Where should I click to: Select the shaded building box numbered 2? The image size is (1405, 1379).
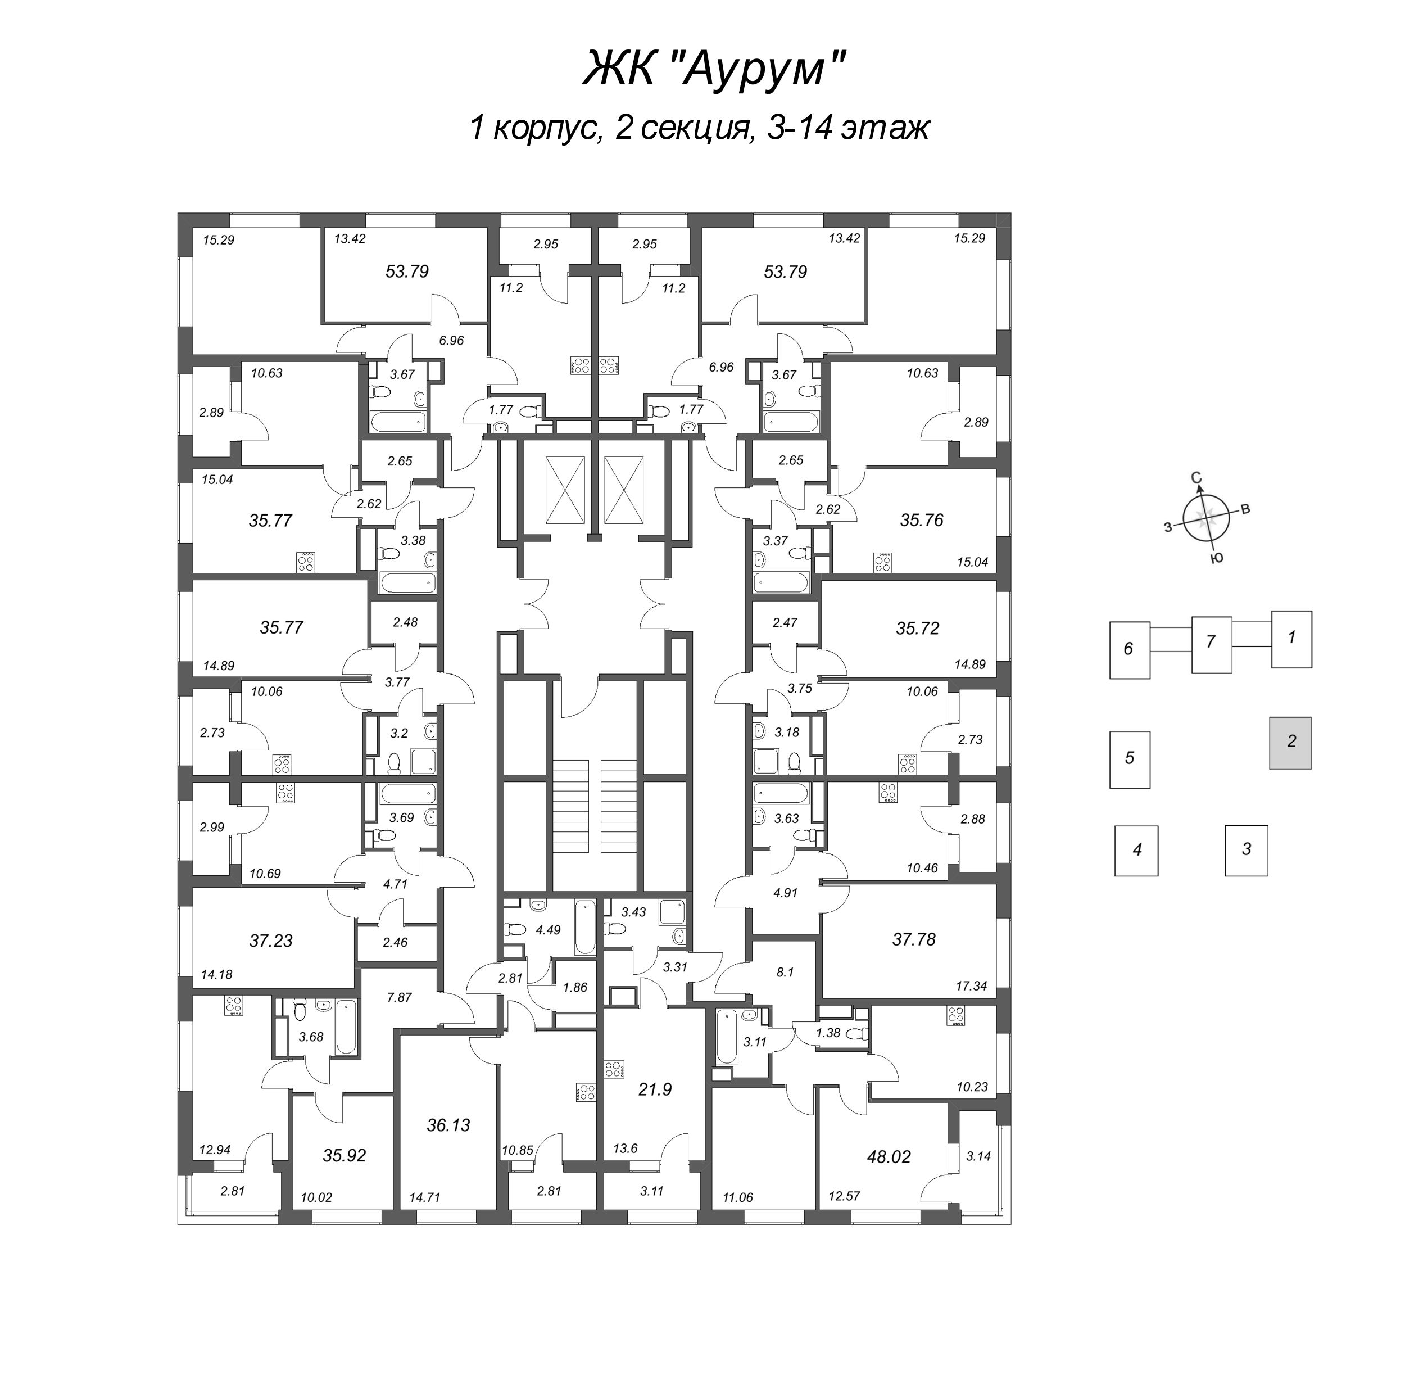1290,743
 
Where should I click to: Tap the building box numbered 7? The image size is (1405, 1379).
1211,641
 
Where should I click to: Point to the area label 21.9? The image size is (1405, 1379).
655,1088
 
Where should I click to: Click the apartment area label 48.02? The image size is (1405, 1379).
889,1156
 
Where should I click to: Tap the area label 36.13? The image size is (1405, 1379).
448,1125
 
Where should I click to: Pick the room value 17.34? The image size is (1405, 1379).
971,985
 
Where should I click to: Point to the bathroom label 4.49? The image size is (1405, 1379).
547,930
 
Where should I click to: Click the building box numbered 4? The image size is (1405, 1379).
1136,851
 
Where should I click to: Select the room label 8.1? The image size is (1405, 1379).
785,972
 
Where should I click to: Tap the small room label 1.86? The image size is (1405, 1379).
574,987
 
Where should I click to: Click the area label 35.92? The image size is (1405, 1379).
344,1155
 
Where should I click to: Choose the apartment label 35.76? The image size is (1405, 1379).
921,520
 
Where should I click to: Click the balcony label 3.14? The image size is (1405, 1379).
978,1156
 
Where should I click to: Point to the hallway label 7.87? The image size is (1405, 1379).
399,997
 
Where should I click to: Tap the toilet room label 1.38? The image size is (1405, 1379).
828,1033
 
